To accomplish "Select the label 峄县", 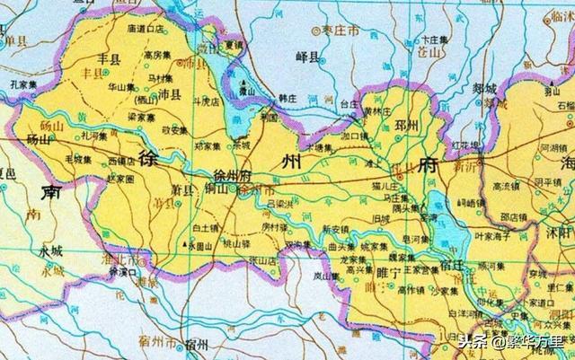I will pos(307,57).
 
